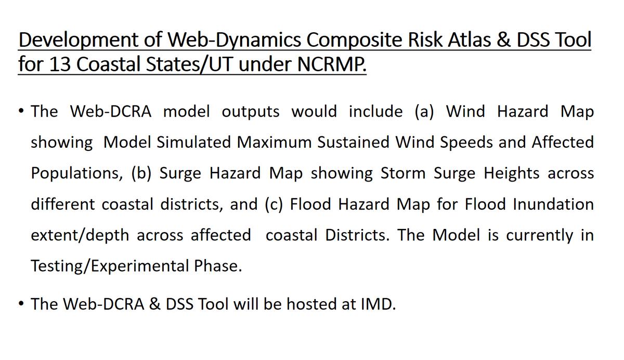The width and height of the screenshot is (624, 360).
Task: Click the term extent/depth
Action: point(80,235)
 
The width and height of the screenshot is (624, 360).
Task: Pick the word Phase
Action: point(218,266)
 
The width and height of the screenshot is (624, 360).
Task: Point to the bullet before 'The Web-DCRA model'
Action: point(20,112)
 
